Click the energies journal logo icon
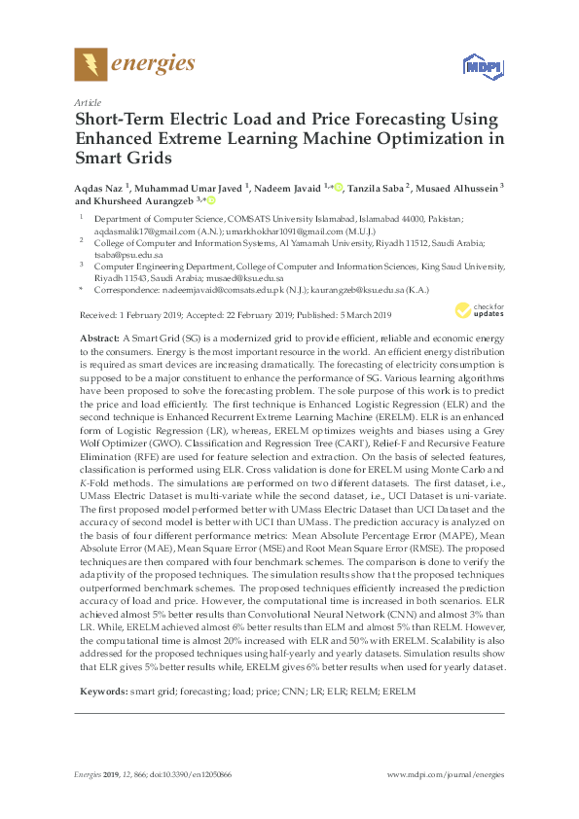(90, 64)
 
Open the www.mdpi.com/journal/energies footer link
(446, 774)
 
